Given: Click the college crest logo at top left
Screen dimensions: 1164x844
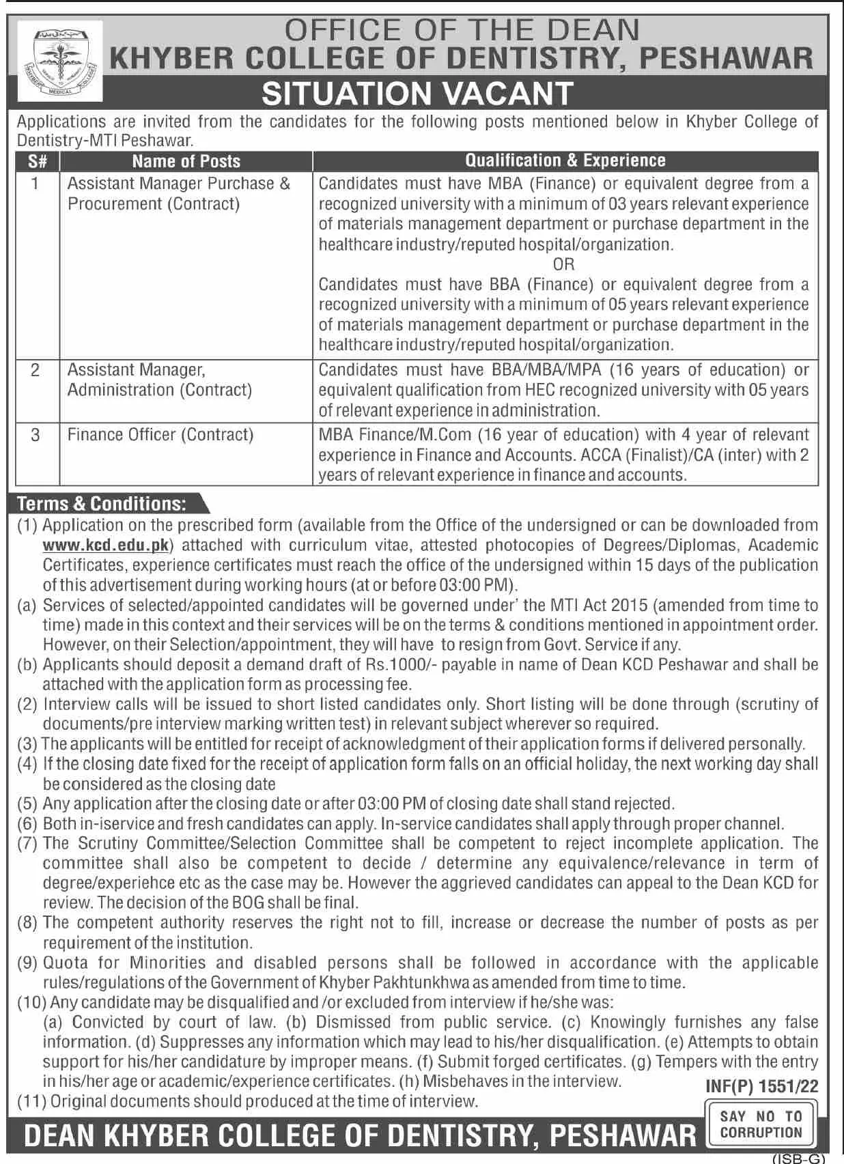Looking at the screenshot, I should click(59, 61).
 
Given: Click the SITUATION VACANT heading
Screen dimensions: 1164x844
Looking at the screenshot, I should click(417, 94).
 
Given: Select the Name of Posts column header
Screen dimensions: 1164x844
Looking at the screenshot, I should click(186, 161).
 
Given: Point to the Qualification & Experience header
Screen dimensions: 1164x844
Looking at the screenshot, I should click(565, 160).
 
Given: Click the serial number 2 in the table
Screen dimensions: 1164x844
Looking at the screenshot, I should click(35, 370).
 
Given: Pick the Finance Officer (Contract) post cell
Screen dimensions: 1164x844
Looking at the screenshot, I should click(160, 435).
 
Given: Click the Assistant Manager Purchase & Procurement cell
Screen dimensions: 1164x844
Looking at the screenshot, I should click(178, 193).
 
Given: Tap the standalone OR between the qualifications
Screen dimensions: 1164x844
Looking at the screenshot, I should click(563, 264).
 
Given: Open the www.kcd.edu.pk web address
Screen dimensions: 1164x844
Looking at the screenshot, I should click(106, 545).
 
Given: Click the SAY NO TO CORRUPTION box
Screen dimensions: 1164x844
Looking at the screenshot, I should click(761, 1124).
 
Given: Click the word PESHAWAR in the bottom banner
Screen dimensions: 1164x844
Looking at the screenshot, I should click(622, 1135).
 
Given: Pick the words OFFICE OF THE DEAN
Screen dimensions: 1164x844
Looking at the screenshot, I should click(462, 30).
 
